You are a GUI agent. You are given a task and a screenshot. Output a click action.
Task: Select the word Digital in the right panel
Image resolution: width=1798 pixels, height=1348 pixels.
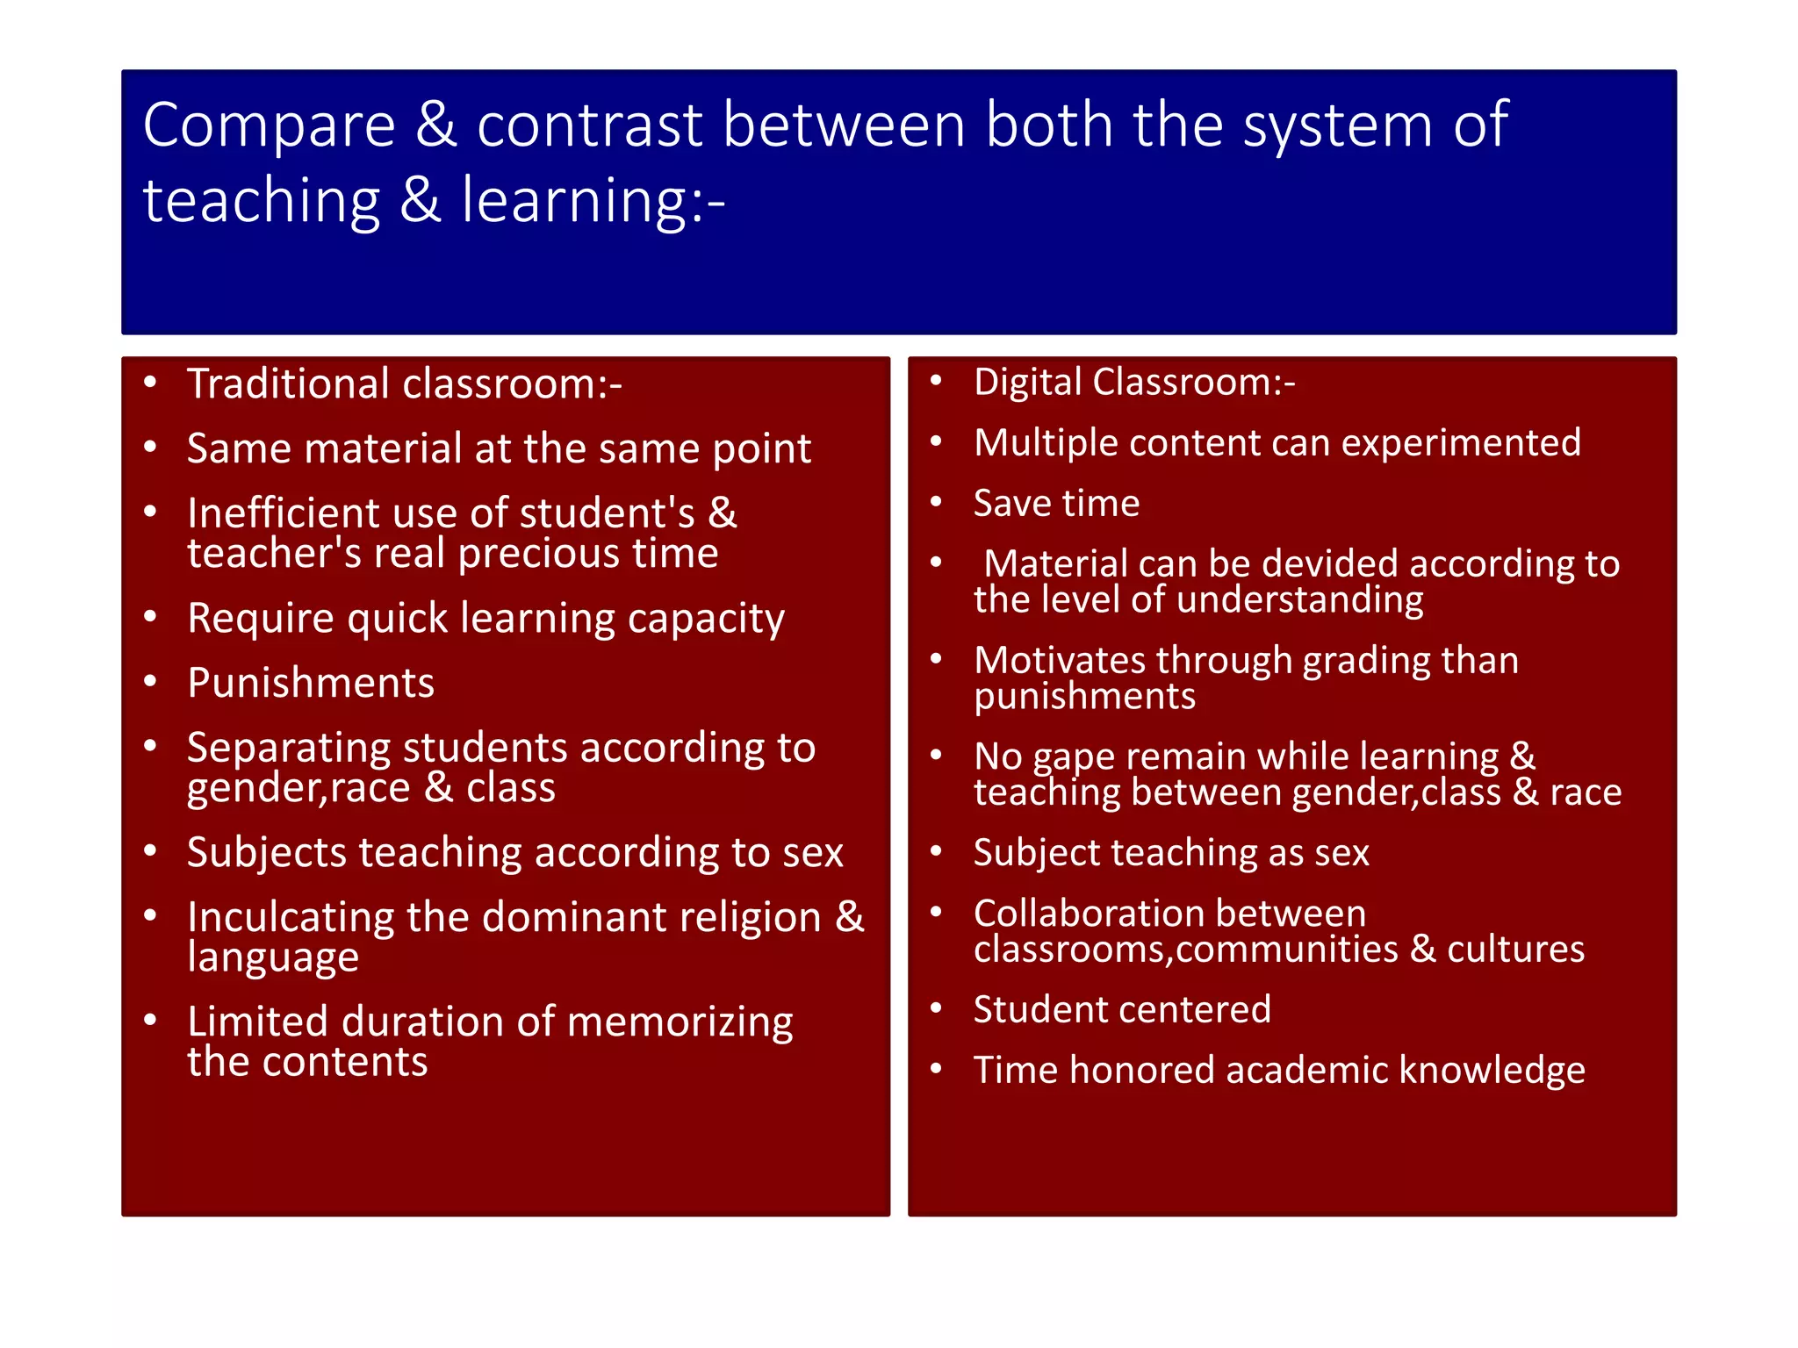click(x=1027, y=383)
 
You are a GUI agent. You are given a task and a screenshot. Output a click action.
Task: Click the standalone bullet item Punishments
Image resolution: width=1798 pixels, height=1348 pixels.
click(x=311, y=684)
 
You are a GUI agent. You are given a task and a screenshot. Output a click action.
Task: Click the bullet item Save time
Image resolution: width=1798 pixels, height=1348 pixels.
click(x=1056, y=504)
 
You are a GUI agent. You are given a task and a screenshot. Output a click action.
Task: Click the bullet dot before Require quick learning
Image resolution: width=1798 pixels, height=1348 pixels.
click(x=151, y=618)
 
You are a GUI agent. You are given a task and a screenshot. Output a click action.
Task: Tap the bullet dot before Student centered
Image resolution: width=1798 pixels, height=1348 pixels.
click(x=937, y=1008)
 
